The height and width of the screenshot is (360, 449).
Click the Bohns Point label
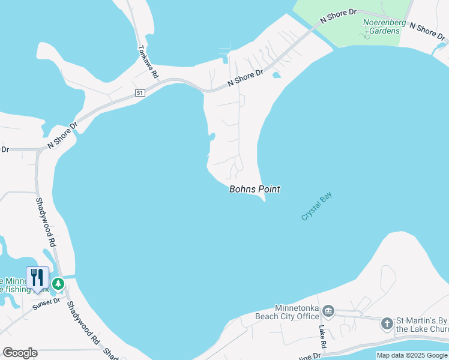255,189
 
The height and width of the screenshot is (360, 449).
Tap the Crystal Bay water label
316,206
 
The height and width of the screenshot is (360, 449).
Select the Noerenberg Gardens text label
385,27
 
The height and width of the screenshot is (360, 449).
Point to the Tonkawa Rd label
148,62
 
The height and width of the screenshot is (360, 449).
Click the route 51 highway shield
139,93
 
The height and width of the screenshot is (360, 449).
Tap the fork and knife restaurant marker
37,277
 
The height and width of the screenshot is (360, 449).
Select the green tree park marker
58,283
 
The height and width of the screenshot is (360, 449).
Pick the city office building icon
328,311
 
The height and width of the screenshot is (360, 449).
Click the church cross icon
387,324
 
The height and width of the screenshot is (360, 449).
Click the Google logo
20,353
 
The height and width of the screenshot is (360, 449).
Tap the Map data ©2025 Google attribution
412,355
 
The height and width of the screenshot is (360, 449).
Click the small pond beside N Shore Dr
276,75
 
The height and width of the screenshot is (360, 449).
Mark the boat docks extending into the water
225,51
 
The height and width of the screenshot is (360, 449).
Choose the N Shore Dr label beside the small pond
245,78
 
